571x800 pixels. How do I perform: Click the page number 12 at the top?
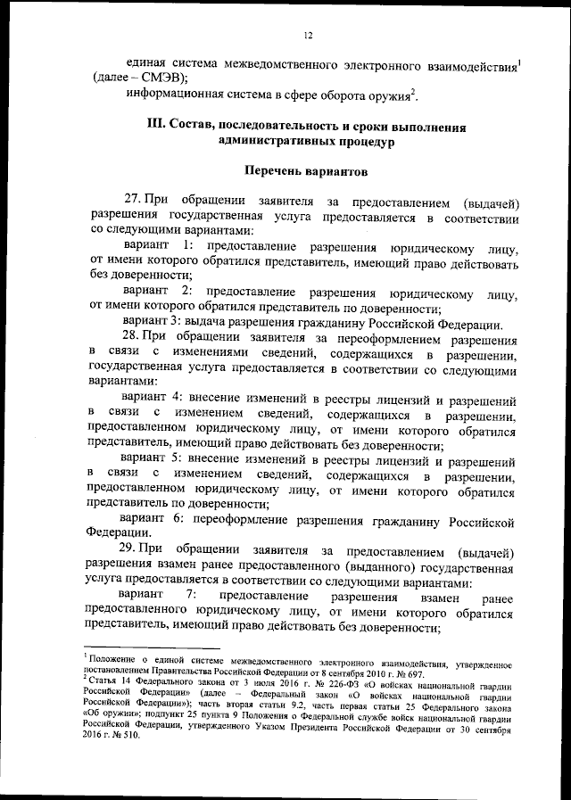(307, 35)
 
